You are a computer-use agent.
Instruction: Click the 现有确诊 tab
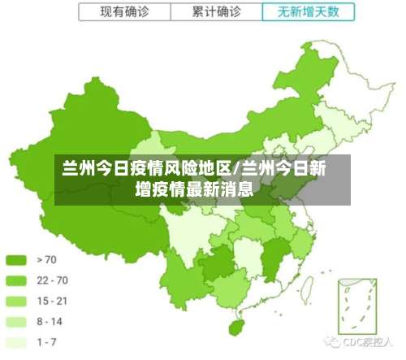click(126, 11)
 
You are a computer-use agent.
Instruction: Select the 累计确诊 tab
click(217, 11)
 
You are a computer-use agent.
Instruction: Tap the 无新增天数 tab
click(309, 11)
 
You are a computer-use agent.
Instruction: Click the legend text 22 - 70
click(53, 280)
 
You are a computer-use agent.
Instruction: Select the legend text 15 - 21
click(53, 301)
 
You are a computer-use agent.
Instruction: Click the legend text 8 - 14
click(50, 322)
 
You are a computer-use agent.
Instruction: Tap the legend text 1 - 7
click(47, 342)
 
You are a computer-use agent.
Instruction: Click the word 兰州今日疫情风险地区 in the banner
click(148, 169)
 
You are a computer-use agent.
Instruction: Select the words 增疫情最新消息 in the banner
click(195, 191)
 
